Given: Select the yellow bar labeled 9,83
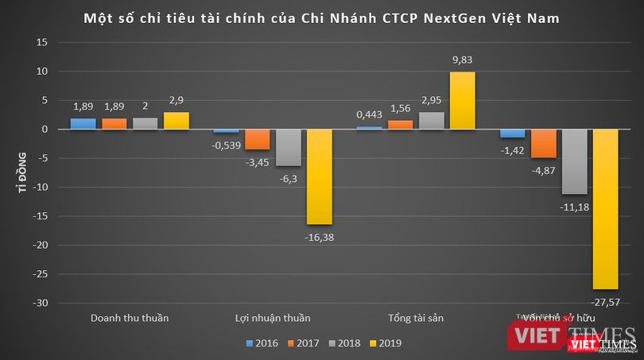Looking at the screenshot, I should pos(463,100).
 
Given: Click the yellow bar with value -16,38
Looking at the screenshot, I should pos(319,176).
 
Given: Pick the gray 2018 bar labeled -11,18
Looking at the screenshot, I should pos(574,161).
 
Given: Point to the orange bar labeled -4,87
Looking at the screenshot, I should pos(543,143).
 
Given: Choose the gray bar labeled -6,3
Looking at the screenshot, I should pos(288,147).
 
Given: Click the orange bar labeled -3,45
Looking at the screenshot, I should pos(257,139).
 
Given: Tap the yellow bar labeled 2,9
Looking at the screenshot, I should pos(177,121).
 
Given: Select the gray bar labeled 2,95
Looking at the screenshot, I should pos(432,121).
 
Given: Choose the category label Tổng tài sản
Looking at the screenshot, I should pos(416,318).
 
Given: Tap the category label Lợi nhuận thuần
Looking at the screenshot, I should pos(273,318).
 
